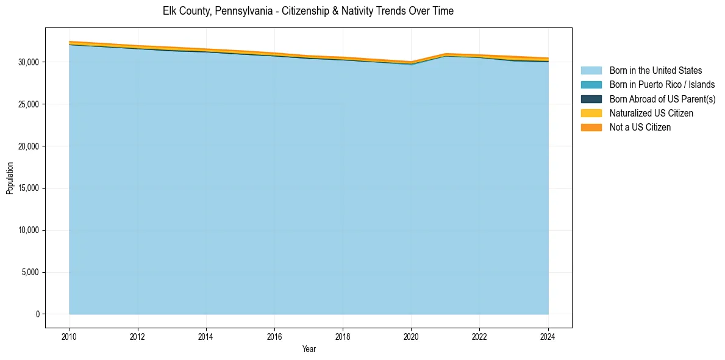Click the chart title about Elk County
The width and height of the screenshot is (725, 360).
[x=308, y=11]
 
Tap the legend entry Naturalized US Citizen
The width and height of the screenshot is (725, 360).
[x=651, y=113]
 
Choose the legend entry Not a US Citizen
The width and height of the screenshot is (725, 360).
[x=640, y=127]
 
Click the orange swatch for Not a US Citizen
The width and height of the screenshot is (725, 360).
[x=591, y=127]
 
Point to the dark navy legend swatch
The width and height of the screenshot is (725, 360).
[x=591, y=99]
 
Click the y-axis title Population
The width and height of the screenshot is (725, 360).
[x=10, y=178]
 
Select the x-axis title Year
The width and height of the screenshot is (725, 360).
[x=309, y=349]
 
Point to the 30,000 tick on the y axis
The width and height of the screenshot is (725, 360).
[x=28, y=62]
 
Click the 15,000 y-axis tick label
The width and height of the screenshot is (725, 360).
[x=28, y=188]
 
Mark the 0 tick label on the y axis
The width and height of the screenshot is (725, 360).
[x=37, y=314]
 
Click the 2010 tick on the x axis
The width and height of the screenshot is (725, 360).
[x=70, y=335]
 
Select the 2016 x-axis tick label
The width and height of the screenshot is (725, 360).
[x=274, y=335]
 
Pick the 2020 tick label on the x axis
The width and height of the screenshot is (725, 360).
[x=411, y=335]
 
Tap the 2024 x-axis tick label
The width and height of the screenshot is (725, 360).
[x=548, y=335]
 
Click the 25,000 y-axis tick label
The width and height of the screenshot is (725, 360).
[x=28, y=104]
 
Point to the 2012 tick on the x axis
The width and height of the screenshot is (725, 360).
[x=138, y=335]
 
